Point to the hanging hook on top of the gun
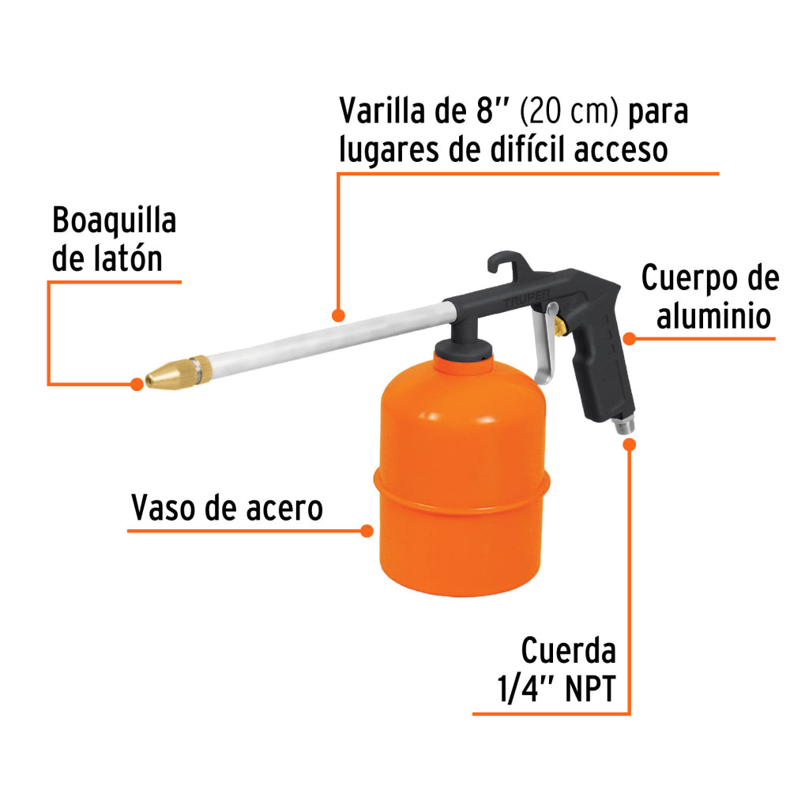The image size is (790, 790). point(504,265)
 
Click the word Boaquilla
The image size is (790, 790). point(115,222)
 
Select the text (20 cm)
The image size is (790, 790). point(568,111)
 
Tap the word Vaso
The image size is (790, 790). point(164,509)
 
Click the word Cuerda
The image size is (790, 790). point(568,652)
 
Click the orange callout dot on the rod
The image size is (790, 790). point(338,315)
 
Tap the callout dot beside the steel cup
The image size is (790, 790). point(367,530)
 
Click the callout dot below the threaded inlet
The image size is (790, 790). point(630,444)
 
